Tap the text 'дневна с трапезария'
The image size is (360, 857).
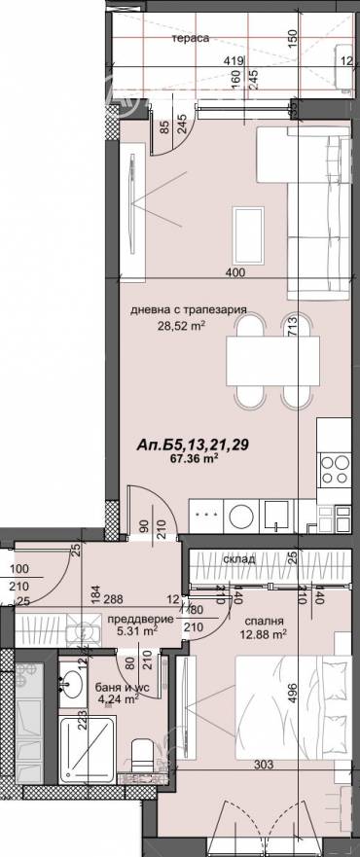(189, 310)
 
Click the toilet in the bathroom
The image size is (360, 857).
(143, 754)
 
